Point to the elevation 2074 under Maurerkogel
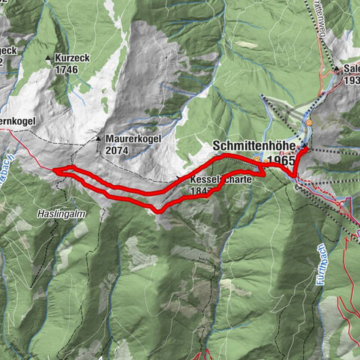click(118, 150)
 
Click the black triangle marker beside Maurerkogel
click(97, 139)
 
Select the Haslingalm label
click(58, 213)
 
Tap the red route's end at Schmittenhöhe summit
click(305, 151)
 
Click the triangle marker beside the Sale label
click(337, 70)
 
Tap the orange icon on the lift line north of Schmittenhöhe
click(308, 121)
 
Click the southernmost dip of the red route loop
click(159, 210)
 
